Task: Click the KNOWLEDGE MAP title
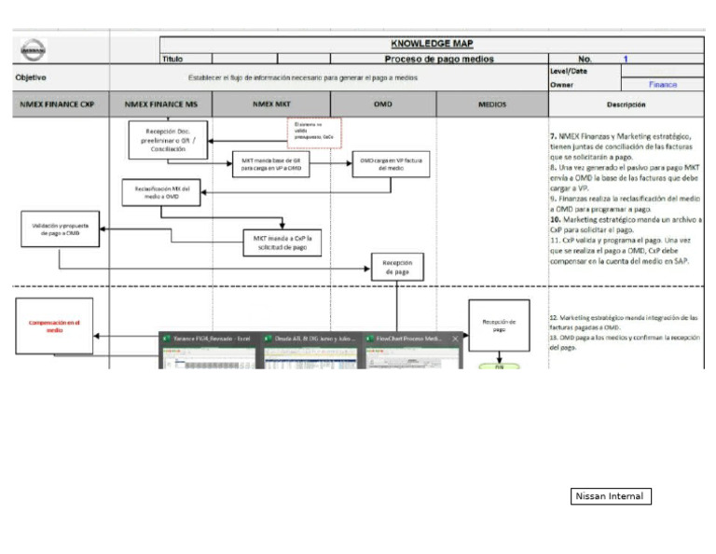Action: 430,44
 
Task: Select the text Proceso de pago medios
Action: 439,59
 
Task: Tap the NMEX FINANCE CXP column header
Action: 58,104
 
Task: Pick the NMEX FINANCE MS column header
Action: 160,104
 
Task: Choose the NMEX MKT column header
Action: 271,104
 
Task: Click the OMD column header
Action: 382,104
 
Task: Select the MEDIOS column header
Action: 491,104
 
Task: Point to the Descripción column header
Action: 625,104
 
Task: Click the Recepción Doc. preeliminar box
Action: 167,140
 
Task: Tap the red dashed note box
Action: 314,132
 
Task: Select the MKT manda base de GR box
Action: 270,166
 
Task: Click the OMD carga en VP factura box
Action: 384,166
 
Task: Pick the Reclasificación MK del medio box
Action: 160,192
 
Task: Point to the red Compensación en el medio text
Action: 55,325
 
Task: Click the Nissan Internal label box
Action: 610,496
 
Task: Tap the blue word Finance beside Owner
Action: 663,84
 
